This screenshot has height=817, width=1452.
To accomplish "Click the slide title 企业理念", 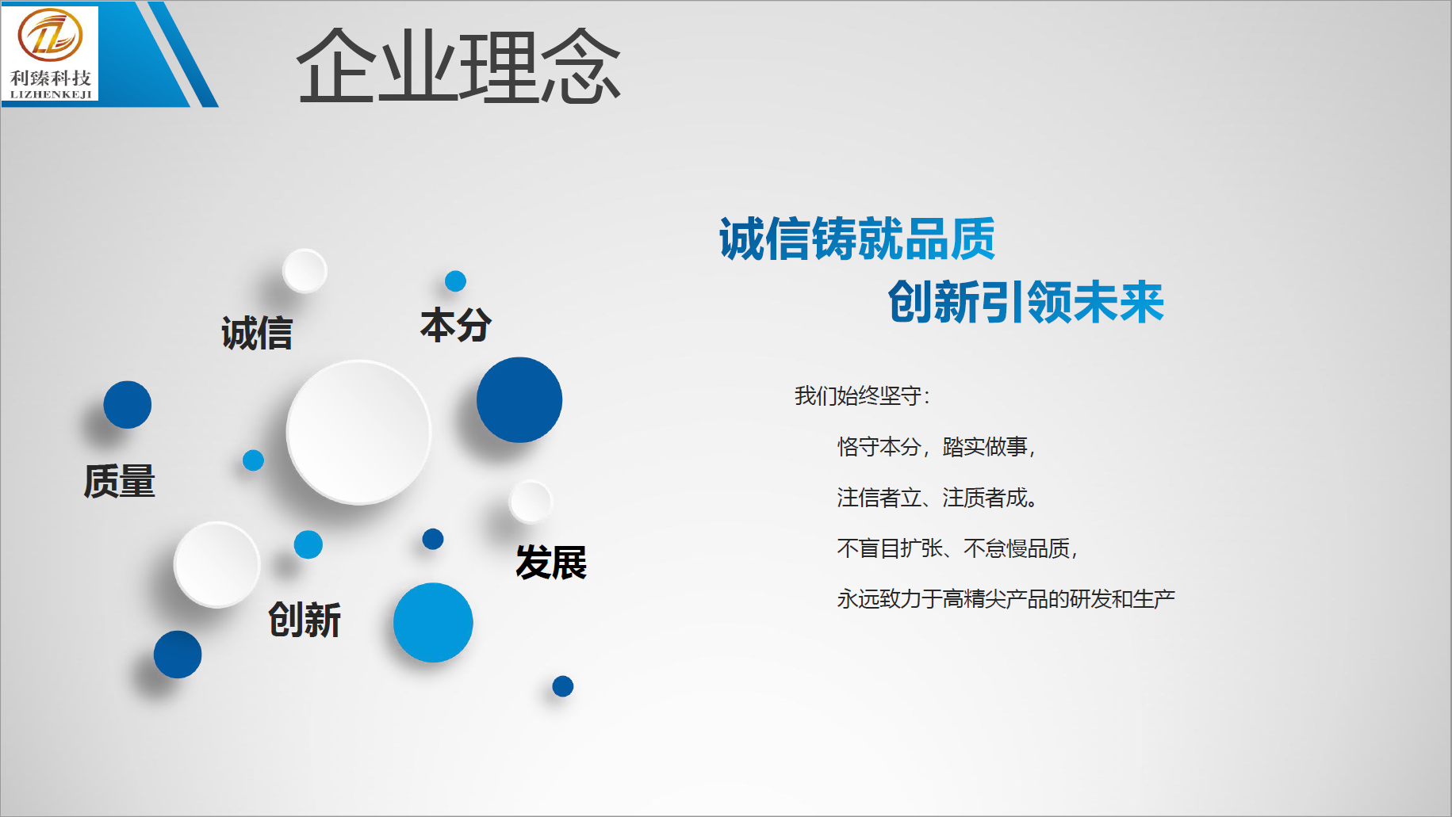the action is pos(458,67).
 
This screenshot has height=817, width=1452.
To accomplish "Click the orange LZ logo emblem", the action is pos(50,36).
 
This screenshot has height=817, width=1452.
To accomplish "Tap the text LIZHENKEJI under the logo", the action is pos(51,94).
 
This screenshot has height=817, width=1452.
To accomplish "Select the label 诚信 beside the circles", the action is pos(257,333).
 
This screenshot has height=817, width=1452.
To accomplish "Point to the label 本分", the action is pos(456,325).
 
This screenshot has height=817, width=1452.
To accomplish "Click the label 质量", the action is pos(120,481).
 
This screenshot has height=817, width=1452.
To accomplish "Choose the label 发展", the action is pos(551,563).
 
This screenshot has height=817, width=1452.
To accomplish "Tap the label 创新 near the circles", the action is pos(305,620).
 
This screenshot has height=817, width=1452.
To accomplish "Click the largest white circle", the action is pos(358,433).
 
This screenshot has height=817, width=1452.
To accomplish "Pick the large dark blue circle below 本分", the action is pos(519,400).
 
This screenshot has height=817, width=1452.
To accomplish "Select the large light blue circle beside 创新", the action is pos(433,623).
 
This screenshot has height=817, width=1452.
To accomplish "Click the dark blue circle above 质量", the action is pos(128,405).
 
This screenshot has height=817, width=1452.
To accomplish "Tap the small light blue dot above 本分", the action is pos(455,281).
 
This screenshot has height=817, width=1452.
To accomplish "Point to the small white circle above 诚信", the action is pos(305,271).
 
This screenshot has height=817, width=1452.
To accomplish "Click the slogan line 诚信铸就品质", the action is pos(857,239).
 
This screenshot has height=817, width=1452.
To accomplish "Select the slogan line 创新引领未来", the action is pos(1026,302).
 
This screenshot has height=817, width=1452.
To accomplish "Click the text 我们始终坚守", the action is pos(858,395).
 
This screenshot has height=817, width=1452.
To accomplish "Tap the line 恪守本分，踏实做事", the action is pos(937,447).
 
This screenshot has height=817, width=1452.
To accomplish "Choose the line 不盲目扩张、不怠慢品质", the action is pos(957,548).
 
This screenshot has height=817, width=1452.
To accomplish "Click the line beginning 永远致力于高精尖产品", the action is pos(1006,599).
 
